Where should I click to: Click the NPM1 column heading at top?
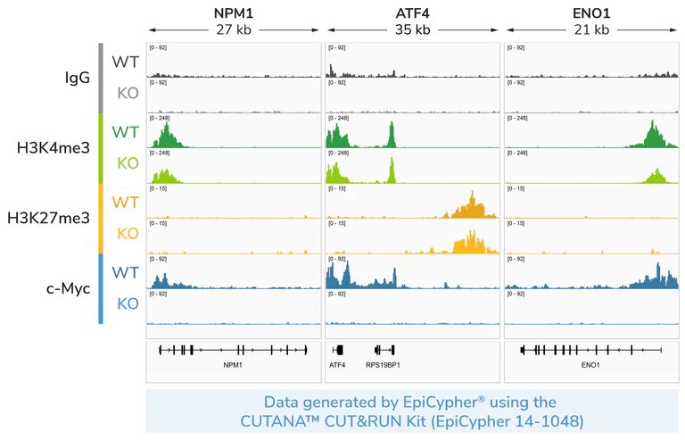click(x=234, y=13)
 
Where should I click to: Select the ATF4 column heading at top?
click(x=412, y=13)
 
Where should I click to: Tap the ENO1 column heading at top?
click(x=590, y=13)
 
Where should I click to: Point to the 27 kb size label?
click(x=234, y=29)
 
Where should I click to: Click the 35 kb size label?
click(x=412, y=29)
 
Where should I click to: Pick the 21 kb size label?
click(x=590, y=29)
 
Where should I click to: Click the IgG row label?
click(x=78, y=78)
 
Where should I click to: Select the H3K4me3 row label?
click(x=54, y=147)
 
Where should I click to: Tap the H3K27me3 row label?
click(x=48, y=217)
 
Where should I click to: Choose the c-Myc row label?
click(x=65, y=287)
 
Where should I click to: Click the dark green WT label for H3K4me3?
click(x=125, y=131)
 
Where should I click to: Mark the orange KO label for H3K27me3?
click(x=128, y=234)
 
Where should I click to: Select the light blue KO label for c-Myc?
click(x=128, y=303)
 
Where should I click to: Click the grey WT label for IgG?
click(x=125, y=62)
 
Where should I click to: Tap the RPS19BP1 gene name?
click(x=383, y=365)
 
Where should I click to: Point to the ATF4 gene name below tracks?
click(x=337, y=365)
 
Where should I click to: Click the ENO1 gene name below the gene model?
click(x=590, y=365)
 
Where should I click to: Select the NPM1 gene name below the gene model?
click(x=233, y=365)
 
